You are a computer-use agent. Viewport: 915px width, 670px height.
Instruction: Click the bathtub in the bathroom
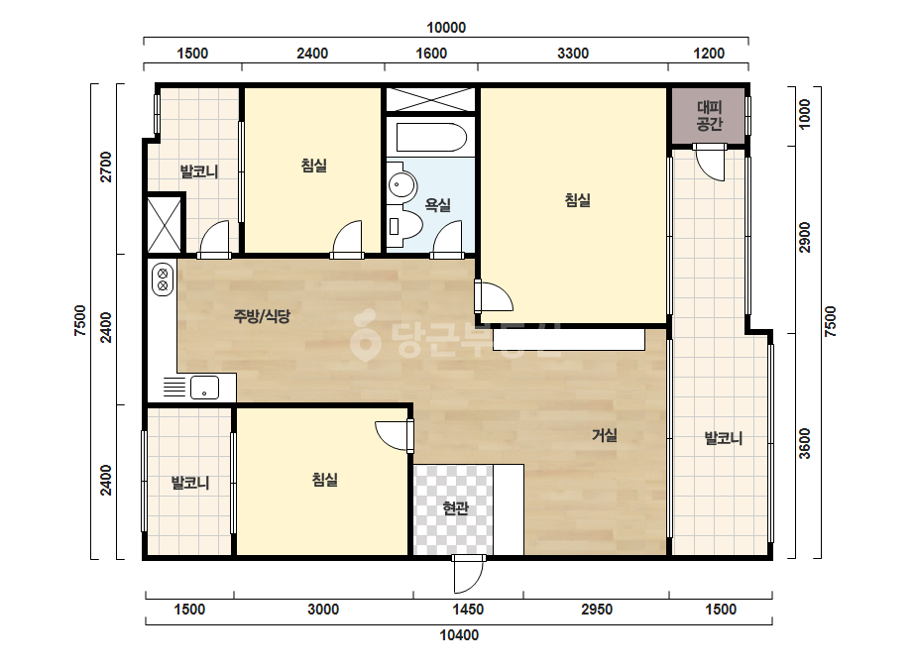click(431, 138)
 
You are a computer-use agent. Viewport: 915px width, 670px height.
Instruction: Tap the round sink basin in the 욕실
click(401, 185)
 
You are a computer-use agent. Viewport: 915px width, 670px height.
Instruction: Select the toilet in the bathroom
click(404, 226)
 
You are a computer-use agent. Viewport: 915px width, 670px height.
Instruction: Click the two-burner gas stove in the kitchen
click(163, 279)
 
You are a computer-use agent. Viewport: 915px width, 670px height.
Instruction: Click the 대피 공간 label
click(709, 116)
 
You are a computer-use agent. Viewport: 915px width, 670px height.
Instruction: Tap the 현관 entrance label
click(455, 508)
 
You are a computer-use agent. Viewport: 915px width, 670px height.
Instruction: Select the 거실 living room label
click(605, 435)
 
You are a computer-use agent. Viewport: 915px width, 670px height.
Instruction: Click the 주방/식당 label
click(262, 316)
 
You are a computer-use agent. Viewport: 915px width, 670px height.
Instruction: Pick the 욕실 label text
click(437, 205)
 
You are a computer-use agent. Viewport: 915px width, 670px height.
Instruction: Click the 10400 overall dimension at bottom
click(459, 635)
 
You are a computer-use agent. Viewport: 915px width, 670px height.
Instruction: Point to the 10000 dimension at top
click(446, 28)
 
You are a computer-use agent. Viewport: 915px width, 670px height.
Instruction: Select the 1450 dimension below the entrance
click(468, 610)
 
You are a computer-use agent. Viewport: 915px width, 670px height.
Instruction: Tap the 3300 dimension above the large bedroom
click(572, 54)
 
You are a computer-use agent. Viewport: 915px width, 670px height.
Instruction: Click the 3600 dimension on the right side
click(805, 444)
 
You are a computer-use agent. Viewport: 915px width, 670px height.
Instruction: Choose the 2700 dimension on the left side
click(106, 167)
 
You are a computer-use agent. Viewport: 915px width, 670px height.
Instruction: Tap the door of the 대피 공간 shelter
click(709, 162)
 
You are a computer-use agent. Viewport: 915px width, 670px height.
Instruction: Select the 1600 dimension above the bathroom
click(431, 54)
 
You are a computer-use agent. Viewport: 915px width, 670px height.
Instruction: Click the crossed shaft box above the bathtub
click(430, 99)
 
